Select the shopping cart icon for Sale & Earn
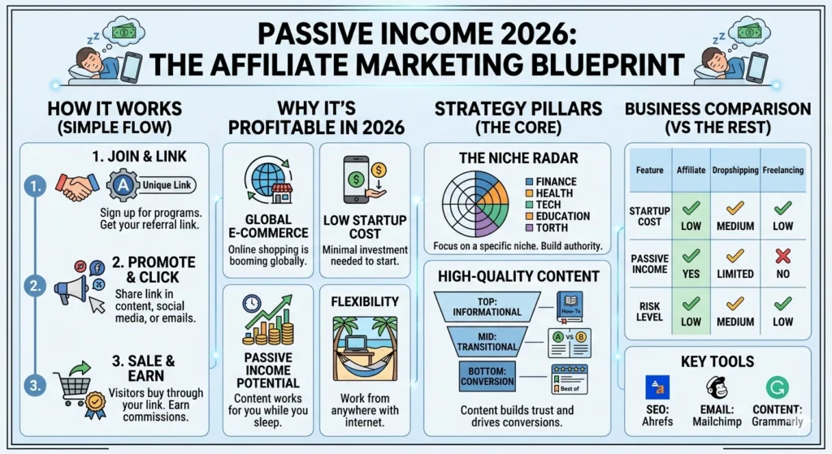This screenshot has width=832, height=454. click(x=74, y=387)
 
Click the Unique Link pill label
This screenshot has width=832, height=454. click(x=167, y=185)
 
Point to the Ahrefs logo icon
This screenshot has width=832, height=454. click(x=656, y=387)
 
